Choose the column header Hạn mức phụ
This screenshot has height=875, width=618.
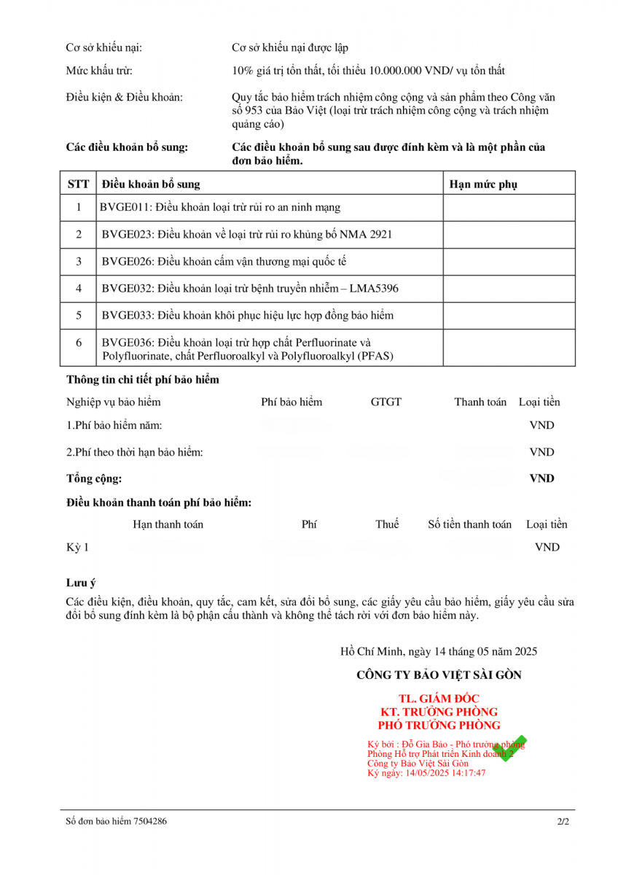coord(483,184)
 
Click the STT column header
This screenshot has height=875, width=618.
coord(78,184)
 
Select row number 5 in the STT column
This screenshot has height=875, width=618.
coord(79,316)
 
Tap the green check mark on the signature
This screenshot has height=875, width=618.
coord(509,744)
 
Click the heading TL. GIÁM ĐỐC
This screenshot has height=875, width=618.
coord(439,699)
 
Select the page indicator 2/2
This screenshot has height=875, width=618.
coord(563,821)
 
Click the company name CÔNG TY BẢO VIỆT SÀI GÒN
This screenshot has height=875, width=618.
coord(439,675)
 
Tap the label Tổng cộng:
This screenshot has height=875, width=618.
coord(94,479)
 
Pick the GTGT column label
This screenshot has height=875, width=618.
coord(386,402)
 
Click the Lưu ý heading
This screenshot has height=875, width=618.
coord(81,583)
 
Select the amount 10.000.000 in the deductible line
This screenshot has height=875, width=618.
coord(396,71)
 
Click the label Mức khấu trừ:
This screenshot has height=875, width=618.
coord(99,71)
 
